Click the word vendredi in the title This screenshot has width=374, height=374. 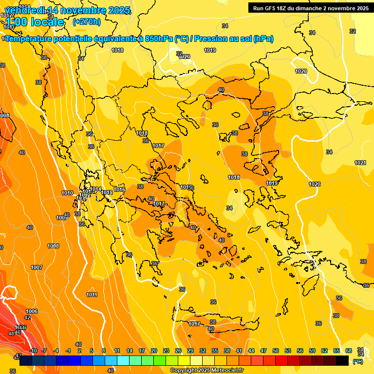24,10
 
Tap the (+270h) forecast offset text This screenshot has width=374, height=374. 86,21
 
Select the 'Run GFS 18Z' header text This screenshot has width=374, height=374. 273,8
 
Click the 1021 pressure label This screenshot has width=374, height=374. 360,163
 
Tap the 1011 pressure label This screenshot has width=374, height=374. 92,295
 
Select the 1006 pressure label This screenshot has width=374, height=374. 32,311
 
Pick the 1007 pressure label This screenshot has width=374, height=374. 37,267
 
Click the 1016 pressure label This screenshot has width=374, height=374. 119,189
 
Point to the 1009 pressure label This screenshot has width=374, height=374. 61,218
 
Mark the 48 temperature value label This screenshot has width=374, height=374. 12,334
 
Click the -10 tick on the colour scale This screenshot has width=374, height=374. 33,351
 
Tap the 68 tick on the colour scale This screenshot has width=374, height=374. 349,351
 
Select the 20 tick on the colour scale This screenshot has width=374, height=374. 154,351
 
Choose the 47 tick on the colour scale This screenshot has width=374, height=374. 263,351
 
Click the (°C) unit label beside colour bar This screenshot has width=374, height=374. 358,361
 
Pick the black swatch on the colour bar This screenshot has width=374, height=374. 342,361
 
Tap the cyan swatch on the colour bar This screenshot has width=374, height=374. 123,361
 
